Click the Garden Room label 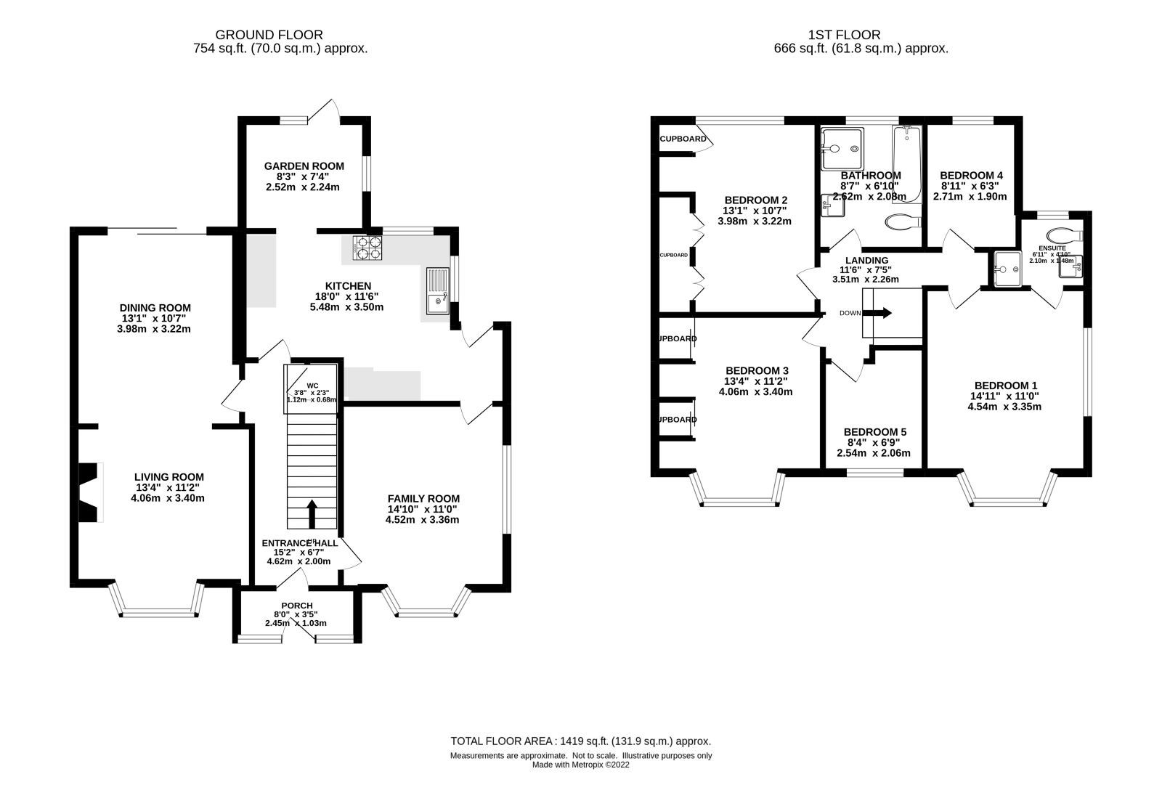[304, 166]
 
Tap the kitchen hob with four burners [367, 248]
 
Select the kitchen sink [439, 291]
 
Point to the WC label [312, 386]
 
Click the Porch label [296, 606]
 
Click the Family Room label [423, 498]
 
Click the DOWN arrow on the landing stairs [881, 314]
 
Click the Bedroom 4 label [970, 176]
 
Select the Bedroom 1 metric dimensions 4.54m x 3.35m [1005, 407]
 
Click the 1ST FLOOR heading [844, 34]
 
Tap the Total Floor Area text [580, 741]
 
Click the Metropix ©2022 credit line [580, 765]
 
